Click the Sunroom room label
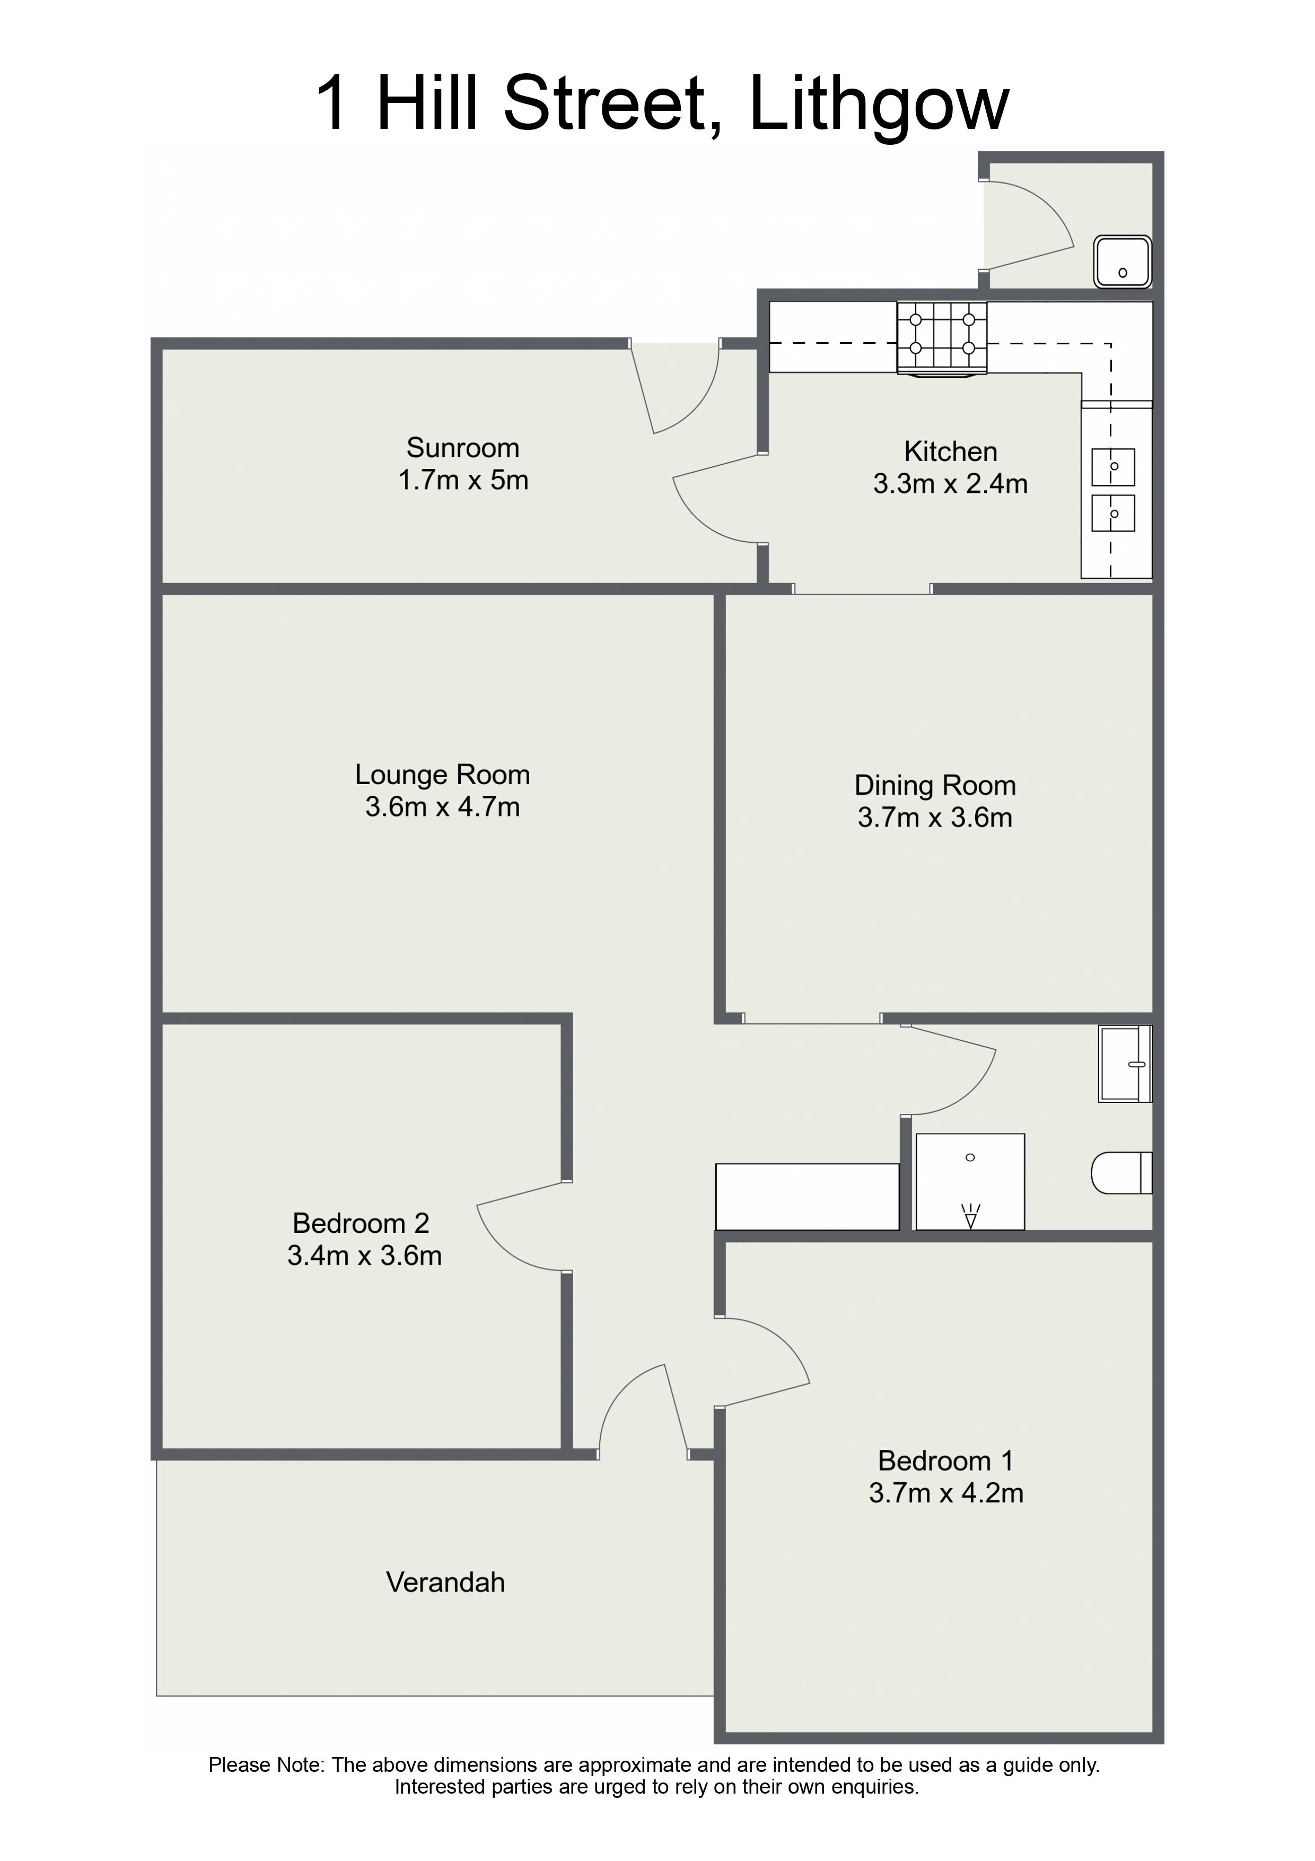[463, 447]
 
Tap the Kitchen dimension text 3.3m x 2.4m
[950, 484]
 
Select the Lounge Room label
[442, 775]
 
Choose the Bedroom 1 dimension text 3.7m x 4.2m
[946, 1492]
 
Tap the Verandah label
[445, 1582]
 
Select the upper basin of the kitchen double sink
[1112, 467]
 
